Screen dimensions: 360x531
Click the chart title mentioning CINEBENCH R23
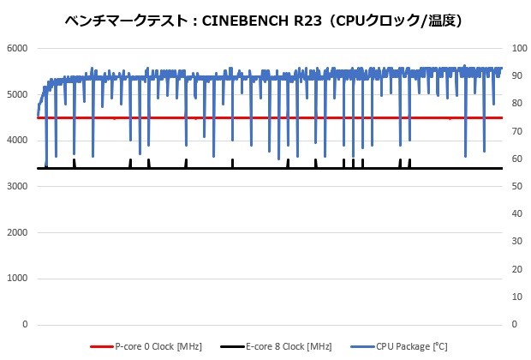tap(266, 18)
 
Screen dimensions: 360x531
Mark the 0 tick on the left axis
tap(25, 325)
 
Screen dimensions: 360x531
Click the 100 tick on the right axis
tap(516, 48)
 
